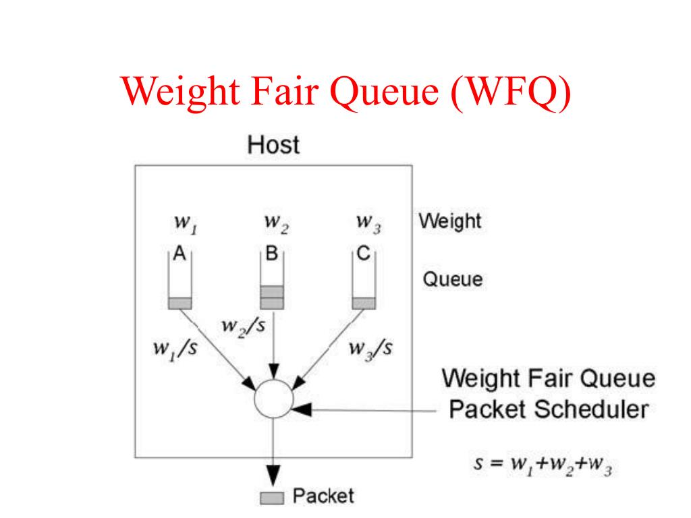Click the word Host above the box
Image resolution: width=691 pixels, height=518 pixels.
[x=273, y=145]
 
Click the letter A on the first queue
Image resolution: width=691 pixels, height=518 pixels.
[x=179, y=254]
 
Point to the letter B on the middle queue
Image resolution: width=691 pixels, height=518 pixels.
[x=272, y=254]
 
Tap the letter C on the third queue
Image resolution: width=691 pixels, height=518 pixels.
[x=364, y=254]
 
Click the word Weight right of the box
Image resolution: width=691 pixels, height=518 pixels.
[x=450, y=221]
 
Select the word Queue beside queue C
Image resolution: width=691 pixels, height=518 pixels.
[x=453, y=279]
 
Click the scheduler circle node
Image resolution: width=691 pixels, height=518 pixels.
[x=273, y=399]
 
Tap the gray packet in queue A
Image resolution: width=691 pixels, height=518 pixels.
[x=179, y=304]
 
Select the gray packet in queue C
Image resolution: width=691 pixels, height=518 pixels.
[x=364, y=304]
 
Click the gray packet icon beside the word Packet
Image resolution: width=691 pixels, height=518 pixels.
[x=273, y=498]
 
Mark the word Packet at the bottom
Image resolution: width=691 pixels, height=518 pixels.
[x=323, y=497]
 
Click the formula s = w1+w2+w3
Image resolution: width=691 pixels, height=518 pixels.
[x=543, y=466]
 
